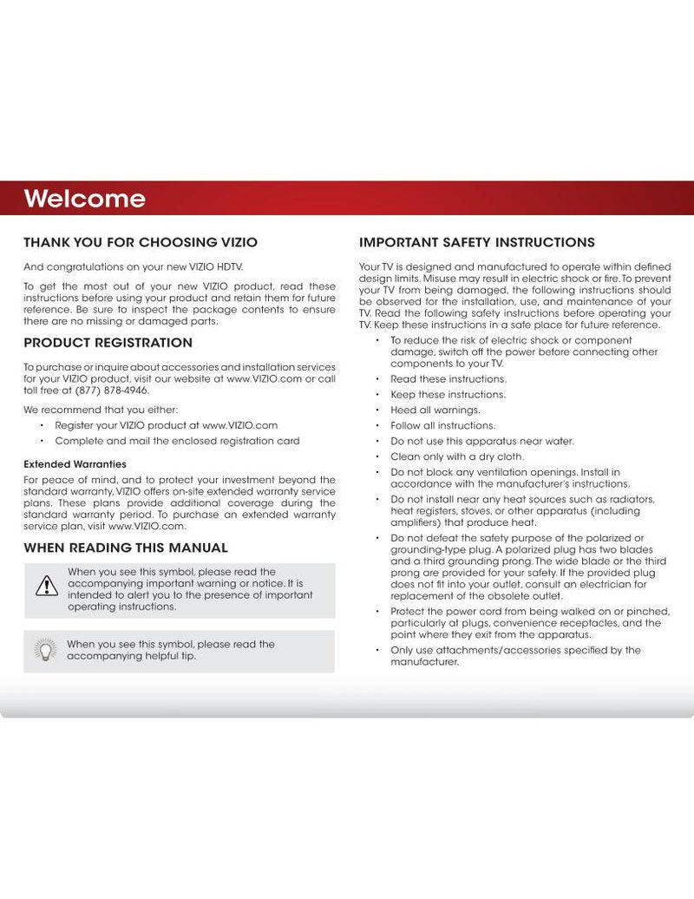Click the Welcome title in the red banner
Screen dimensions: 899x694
pos(84,199)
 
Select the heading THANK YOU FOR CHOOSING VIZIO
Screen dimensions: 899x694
pos(140,242)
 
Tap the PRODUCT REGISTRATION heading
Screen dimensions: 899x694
pos(108,343)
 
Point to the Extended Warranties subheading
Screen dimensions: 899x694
pos(75,464)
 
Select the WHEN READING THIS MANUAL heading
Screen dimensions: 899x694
pos(126,548)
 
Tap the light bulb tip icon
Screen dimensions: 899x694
pos(43,649)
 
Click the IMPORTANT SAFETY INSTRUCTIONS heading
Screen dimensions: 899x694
pos(476,242)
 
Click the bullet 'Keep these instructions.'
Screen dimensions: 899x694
pos(447,394)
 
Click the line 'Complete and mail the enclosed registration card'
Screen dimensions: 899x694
pos(177,441)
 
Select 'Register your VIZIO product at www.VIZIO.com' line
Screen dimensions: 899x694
pos(166,425)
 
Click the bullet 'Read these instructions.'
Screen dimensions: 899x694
pos(448,379)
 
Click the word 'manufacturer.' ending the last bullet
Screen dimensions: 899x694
pos(423,661)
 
